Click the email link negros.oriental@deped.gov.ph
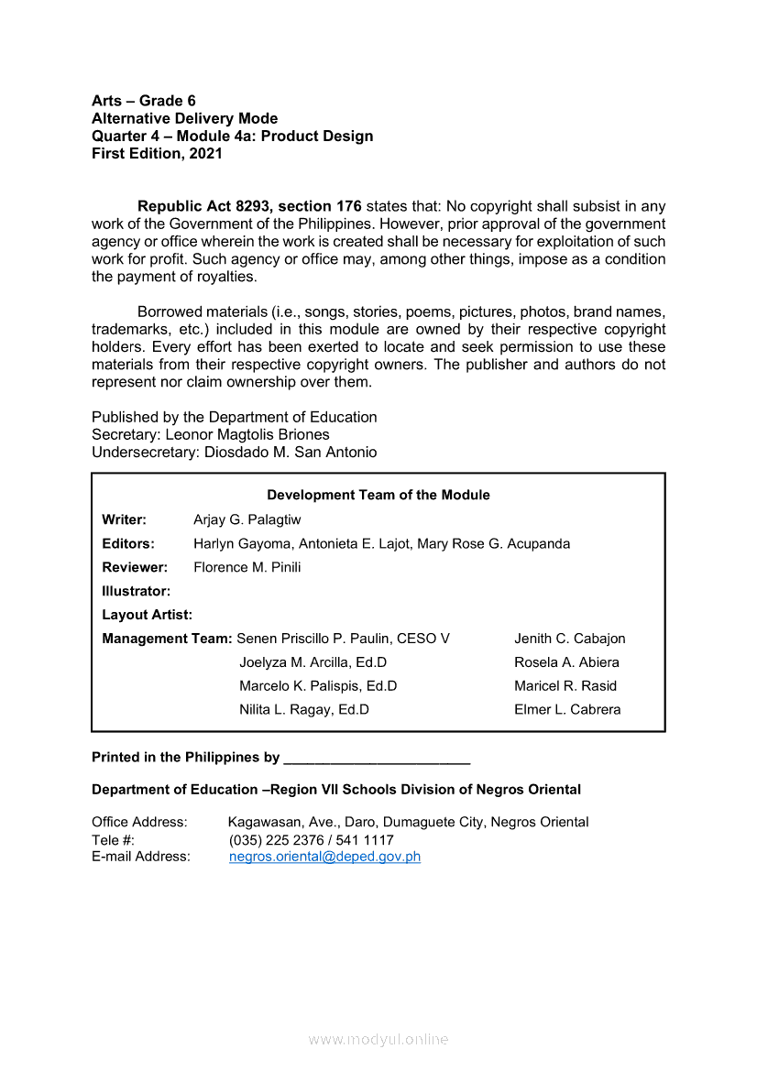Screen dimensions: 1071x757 324,857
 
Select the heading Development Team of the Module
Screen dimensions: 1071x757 378,495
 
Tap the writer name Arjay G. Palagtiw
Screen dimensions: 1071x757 247,519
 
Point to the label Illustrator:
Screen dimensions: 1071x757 136,591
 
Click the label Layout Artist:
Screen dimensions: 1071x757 147,615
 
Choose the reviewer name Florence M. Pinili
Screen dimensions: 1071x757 247,567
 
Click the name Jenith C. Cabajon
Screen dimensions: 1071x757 569,639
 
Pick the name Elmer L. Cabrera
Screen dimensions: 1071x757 567,709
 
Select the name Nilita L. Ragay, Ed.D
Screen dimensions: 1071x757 304,709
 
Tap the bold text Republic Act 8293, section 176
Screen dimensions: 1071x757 249,206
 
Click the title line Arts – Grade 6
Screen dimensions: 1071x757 144,101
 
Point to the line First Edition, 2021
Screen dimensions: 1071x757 157,154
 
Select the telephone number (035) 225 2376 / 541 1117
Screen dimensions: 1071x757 311,840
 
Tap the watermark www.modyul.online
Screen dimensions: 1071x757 378,1039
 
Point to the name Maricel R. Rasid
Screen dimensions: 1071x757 565,685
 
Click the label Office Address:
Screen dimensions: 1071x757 139,822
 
